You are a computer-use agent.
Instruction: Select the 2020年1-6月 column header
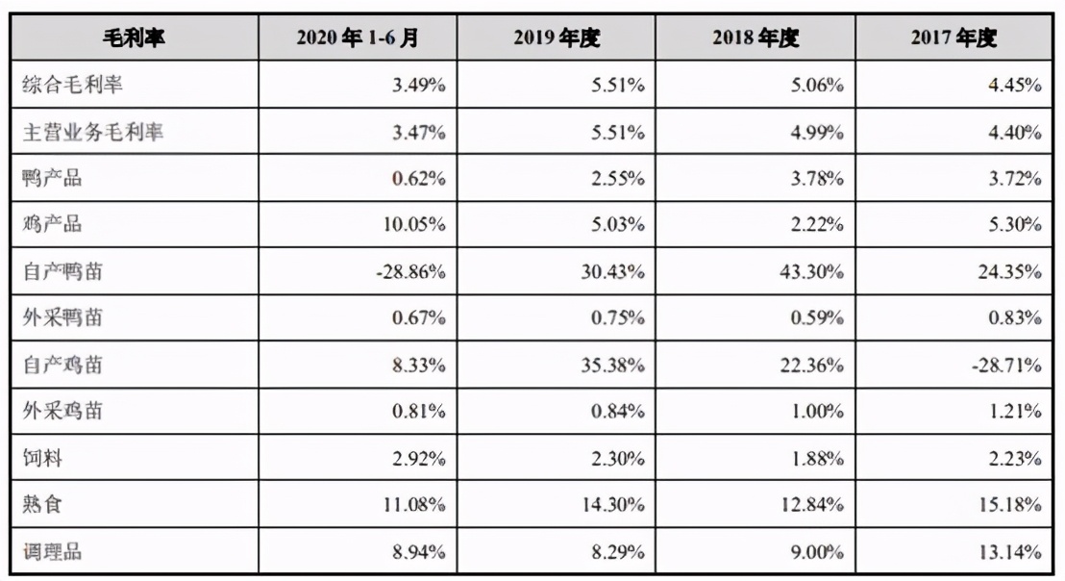[358, 38]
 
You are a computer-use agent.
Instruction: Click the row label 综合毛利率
[73, 85]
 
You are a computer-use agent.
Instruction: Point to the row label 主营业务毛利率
[92, 132]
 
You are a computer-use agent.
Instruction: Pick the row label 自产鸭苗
[62, 272]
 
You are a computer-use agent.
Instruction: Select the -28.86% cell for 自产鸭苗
[410, 272]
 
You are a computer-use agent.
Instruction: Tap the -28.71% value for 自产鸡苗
[1008, 366]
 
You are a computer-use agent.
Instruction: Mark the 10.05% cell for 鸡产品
[414, 225]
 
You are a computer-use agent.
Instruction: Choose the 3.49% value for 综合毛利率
[419, 85]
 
